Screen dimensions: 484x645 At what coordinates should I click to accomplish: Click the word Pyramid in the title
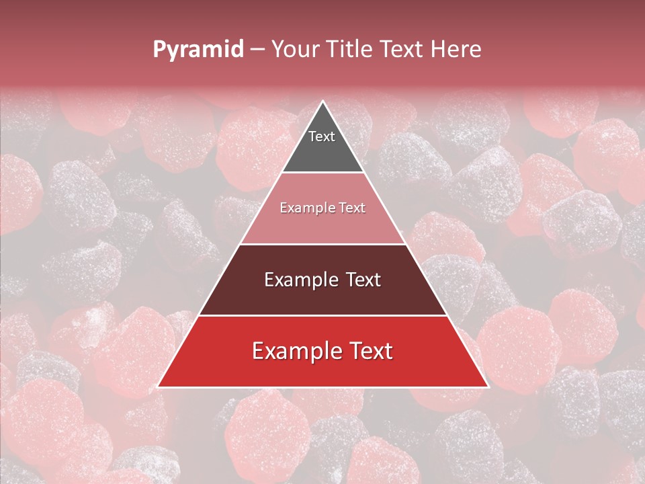[x=198, y=50]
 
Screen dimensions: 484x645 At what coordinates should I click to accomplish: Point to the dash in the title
[x=257, y=50]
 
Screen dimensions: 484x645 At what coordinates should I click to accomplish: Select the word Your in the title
[x=293, y=49]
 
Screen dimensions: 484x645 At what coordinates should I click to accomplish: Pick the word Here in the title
[x=459, y=49]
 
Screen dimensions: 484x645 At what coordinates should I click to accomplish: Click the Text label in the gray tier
[x=322, y=136]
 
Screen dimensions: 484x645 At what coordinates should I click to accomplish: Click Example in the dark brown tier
[x=299, y=280]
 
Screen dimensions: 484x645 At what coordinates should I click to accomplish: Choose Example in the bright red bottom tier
[x=294, y=351]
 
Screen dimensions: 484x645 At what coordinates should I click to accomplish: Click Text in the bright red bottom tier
[x=368, y=351]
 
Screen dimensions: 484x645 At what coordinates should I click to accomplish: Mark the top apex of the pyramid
[x=323, y=102]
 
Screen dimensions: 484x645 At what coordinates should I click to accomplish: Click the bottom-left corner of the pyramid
[x=159, y=387]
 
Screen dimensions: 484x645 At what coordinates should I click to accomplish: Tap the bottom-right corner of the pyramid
[x=488, y=387]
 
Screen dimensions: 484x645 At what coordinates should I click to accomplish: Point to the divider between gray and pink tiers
[x=323, y=173]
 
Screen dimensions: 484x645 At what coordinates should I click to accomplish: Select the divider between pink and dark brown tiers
[x=323, y=244]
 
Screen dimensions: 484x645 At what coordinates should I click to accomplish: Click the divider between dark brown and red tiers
[x=323, y=315]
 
